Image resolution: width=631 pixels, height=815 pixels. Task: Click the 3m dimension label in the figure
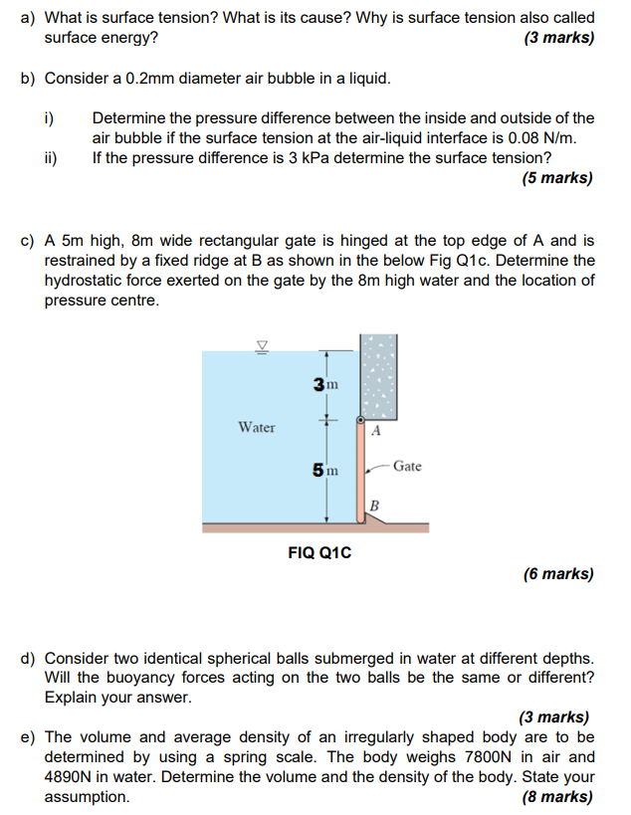pyautogui.click(x=325, y=384)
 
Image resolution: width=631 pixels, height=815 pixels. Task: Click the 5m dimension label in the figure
pyautogui.click(x=325, y=469)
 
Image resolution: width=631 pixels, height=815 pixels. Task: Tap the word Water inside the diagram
pyautogui.click(x=257, y=427)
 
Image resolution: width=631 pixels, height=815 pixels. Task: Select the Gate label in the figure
pyautogui.click(x=407, y=465)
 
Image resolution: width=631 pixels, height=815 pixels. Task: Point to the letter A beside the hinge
pyautogui.click(x=375, y=432)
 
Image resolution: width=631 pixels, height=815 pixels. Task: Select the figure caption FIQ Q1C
pyautogui.click(x=319, y=550)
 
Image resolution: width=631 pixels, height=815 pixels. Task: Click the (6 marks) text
pyautogui.click(x=557, y=573)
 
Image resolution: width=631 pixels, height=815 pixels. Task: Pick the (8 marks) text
pyautogui.click(x=557, y=797)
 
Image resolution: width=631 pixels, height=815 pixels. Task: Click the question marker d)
pyautogui.click(x=29, y=658)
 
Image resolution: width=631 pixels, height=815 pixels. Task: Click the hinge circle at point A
pyautogui.click(x=360, y=421)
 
